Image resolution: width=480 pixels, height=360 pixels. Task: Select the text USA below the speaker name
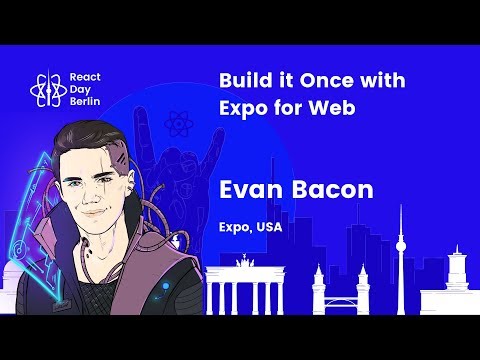click(269, 227)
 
